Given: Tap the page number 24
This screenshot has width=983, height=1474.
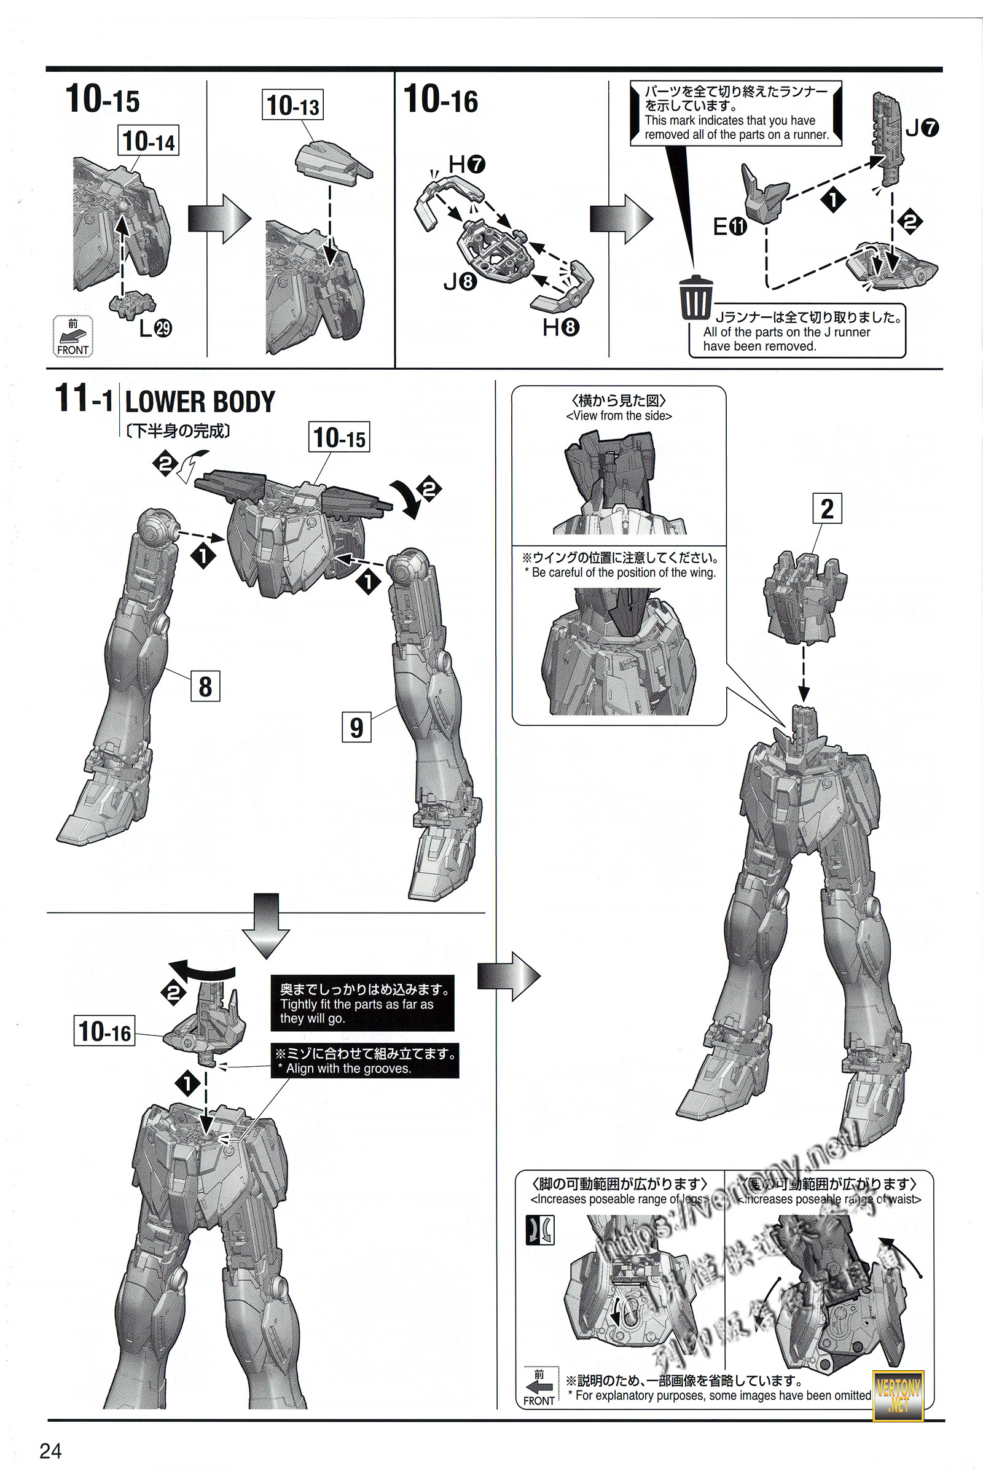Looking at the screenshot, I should click(x=51, y=1449).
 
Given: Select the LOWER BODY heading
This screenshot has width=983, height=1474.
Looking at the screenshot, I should click(x=200, y=402).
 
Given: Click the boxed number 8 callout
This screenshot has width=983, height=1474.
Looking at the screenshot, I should click(x=205, y=685).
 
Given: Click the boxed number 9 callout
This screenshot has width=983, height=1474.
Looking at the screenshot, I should click(x=356, y=727).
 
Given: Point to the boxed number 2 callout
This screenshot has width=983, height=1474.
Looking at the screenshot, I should click(x=827, y=509).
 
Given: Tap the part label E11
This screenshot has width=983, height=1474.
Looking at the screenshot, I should click(x=730, y=225).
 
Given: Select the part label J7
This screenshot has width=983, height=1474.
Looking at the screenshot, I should click(x=922, y=128).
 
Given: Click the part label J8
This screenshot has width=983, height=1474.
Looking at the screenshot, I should click(x=460, y=282).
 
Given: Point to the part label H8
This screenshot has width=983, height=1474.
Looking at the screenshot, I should click(x=560, y=327).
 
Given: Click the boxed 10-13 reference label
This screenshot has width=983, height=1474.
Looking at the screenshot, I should click(x=293, y=105).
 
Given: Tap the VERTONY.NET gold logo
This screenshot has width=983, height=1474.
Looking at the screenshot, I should click(x=898, y=1395).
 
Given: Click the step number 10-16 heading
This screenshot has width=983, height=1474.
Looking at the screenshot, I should click(x=441, y=100).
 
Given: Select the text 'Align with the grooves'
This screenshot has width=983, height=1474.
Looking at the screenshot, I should click(x=348, y=1069).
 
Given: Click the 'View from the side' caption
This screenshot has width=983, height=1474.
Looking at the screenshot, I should click(x=619, y=416).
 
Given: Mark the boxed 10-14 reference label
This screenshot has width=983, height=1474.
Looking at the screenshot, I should click(x=149, y=141).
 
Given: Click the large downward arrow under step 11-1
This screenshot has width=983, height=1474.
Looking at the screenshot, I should click(x=266, y=926).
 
